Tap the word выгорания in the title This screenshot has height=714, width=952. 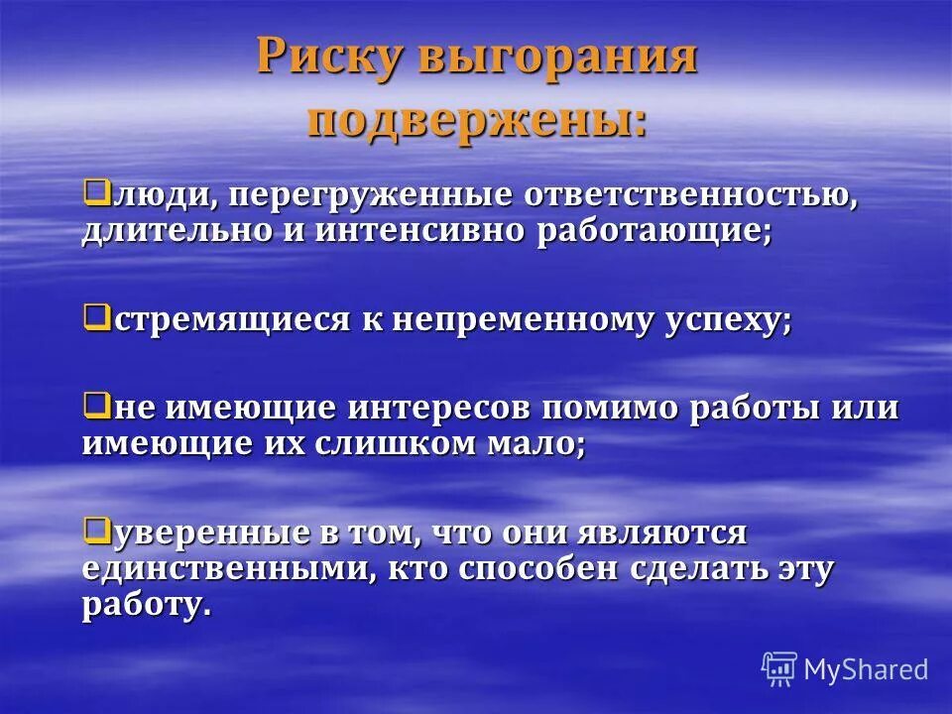coord(556,59)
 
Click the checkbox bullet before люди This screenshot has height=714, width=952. coord(95,189)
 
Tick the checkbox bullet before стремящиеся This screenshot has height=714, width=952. coord(95,316)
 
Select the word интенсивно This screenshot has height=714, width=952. coord(419,232)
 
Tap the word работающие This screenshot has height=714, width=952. coord(654,232)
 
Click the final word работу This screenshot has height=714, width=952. coord(146,606)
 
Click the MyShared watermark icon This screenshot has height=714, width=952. coord(778,667)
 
